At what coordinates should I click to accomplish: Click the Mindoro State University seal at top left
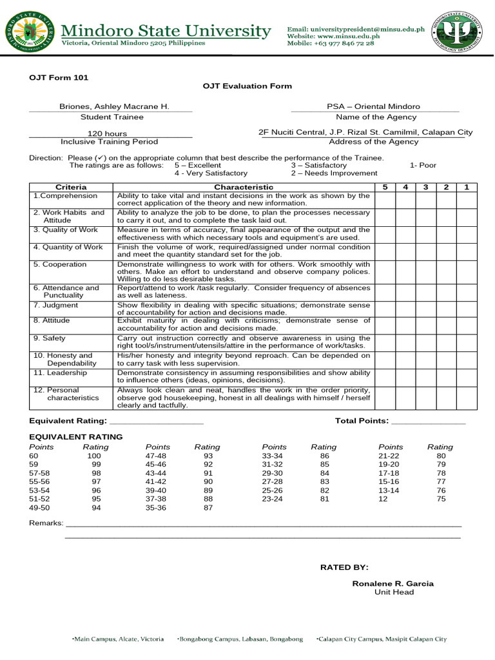[x=27, y=32]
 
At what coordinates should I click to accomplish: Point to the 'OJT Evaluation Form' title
[x=247, y=86]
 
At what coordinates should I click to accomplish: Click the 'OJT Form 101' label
[x=59, y=77]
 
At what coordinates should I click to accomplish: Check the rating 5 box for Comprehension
[x=385, y=200]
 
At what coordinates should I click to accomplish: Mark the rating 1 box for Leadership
[x=467, y=376]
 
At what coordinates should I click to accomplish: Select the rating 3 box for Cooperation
[x=425, y=272]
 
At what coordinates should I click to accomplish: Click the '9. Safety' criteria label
[x=50, y=338]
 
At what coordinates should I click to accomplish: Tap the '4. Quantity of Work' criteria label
[x=68, y=247]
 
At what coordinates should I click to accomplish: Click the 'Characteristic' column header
[x=244, y=187]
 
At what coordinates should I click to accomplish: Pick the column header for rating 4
[x=405, y=187]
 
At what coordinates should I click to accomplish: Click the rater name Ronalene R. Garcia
[x=393, y=583]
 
